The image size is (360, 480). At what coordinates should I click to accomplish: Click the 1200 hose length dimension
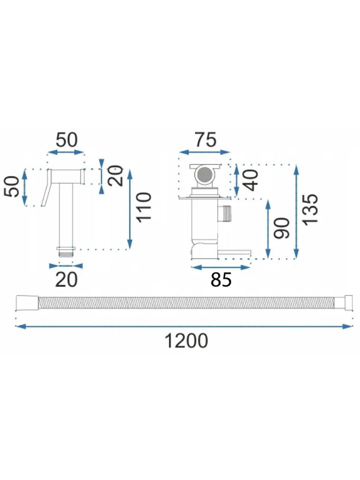186,341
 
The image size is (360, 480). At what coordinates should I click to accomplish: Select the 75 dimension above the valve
206,140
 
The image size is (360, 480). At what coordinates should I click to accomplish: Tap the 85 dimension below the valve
221,280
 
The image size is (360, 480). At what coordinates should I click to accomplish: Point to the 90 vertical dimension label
281,228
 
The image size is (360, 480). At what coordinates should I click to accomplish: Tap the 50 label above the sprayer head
66,140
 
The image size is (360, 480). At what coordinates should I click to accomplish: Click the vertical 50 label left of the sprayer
12,186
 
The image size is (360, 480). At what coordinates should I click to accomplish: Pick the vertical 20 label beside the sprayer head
115,176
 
